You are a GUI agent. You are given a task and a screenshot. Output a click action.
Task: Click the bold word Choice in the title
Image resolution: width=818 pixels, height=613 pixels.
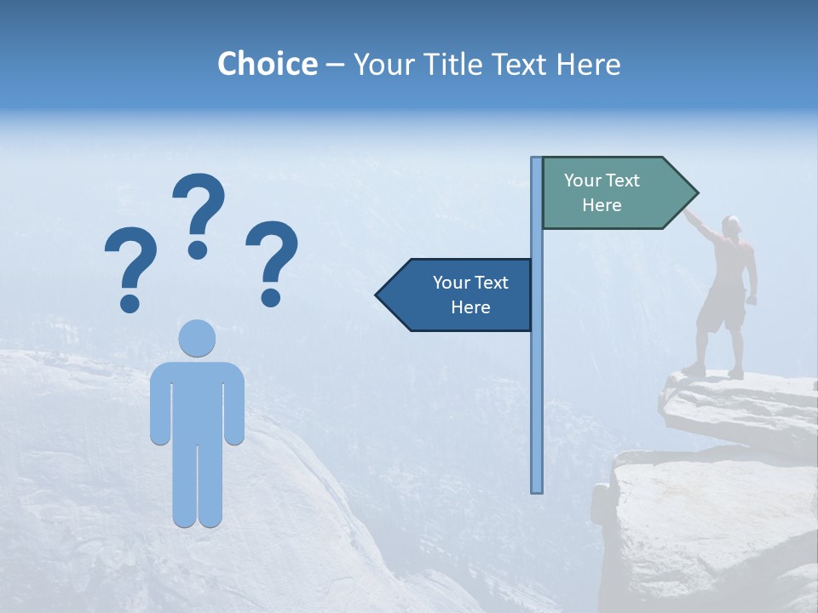267,64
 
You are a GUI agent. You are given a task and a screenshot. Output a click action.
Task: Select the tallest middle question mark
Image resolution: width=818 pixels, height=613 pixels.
199,213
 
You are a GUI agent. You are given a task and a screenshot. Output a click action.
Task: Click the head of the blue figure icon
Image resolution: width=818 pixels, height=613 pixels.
197,338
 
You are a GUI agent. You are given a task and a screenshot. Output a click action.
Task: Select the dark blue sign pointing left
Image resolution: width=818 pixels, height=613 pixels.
460,295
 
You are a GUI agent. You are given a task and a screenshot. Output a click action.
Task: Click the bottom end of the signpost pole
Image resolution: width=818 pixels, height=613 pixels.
537,489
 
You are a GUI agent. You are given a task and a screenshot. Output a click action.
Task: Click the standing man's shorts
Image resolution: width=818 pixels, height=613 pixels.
721,311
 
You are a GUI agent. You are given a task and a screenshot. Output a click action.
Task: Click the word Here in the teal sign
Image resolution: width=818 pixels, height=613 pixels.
602,205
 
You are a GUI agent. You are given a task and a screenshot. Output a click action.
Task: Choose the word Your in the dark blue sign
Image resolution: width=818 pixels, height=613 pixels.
450,283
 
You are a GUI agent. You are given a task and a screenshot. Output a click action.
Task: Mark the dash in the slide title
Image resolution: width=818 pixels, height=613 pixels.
335,65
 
